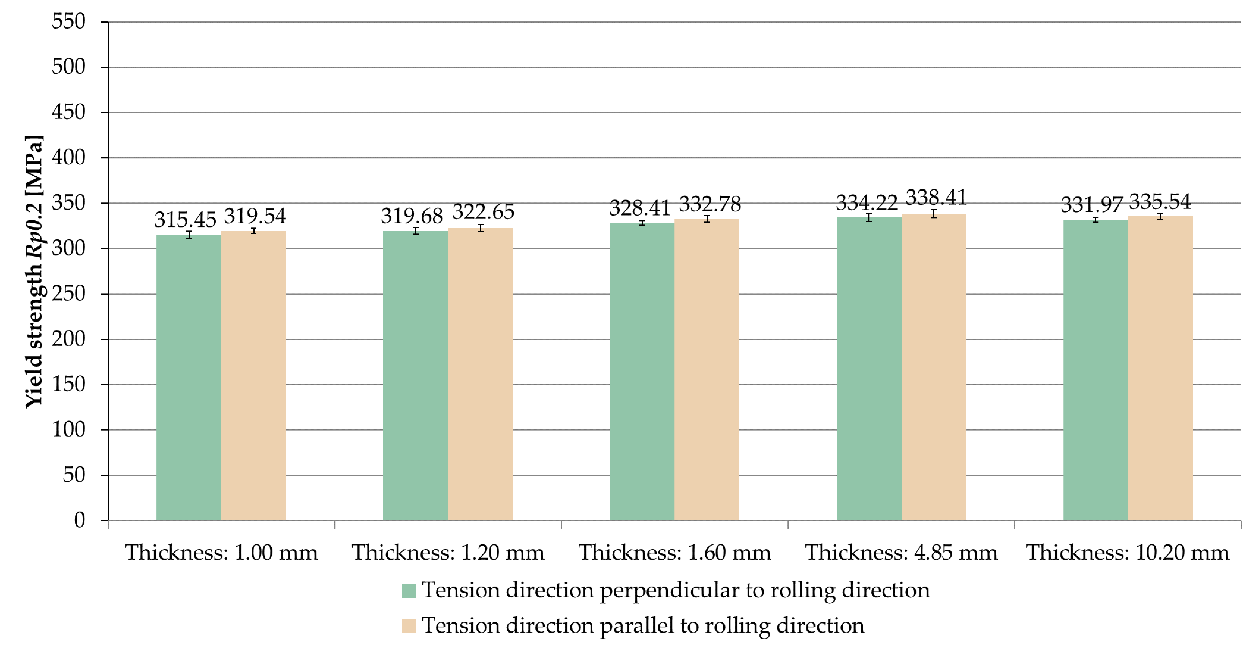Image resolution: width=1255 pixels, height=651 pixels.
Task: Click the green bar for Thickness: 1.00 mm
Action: pyautogui.click(x=189, y=378)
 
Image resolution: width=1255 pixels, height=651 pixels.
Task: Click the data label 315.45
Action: pyautogui.click(x=185, y=220)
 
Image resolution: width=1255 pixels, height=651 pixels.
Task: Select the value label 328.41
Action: pyautogui.click(x=640, y=208)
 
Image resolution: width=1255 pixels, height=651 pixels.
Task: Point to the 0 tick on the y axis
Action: pyautogui.click(x=79, y=520)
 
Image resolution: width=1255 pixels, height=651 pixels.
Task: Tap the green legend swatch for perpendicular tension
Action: pyautogui.click(x=408, y=591)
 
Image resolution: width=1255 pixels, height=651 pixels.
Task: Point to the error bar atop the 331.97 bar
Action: pyautogui.click(x=1096, y=220)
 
